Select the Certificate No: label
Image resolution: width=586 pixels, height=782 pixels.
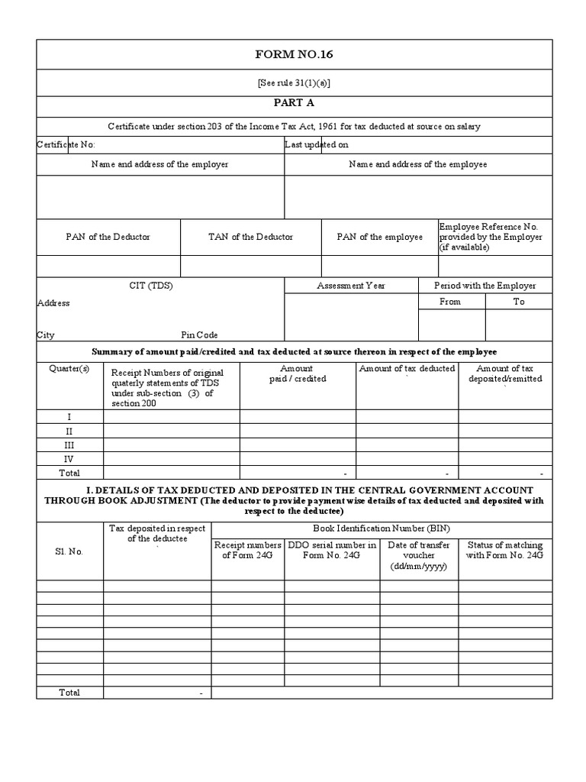(x=66, y=144)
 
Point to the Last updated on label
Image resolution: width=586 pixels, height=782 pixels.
(x=317, y=144)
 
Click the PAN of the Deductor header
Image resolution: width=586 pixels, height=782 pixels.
(x=108, y=237)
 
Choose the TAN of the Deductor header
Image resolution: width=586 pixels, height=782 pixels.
(x=250, y=237)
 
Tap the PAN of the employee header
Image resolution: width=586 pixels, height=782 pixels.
(x=379, y=237)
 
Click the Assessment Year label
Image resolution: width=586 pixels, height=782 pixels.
(x=351, y=286)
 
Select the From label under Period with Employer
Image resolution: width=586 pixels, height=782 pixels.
(x=451, y=302)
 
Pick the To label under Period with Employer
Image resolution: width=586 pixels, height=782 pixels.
(x=519, y=302)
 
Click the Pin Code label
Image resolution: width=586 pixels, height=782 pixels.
(x=199, y=334)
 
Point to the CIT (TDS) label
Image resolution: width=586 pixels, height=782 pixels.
(x=160, y=285)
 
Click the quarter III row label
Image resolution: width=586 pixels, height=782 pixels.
(x=69, y=444)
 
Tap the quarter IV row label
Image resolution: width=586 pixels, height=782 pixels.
(x=69, y=459)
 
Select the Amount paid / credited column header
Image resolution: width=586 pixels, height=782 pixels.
(x=297, y=373)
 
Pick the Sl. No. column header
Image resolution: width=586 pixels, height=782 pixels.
(x=69, y=551)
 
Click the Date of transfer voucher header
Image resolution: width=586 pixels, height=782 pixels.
(x=418, y=556)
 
